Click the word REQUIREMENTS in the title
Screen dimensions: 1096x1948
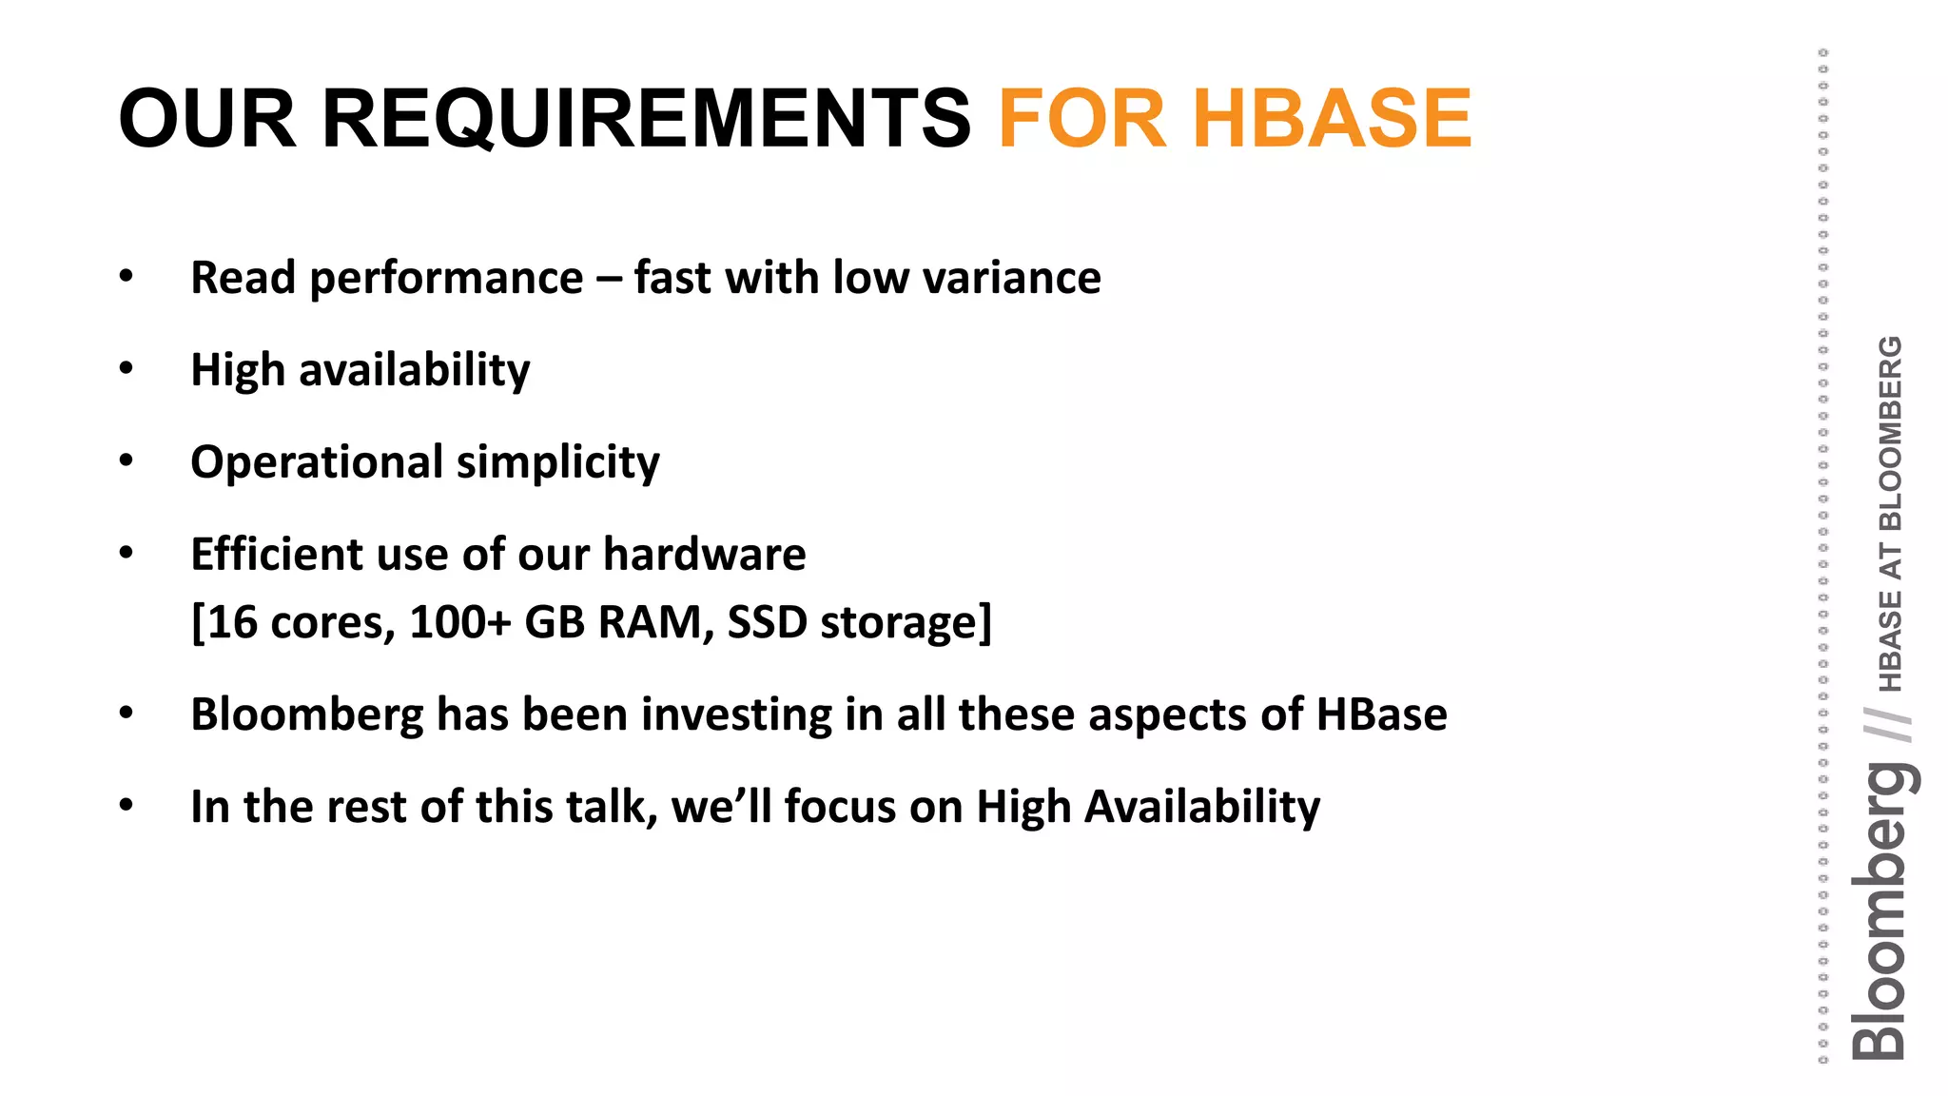[x=646, y=119]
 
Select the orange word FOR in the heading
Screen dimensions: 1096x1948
[x=1082, y=119]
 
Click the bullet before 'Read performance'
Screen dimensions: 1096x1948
[x=127, y=277]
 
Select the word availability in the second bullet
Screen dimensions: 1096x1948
[x=415, y=370]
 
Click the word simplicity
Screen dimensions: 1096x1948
[x=557, y=463]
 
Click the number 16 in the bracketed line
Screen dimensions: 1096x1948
[x=232, y=623]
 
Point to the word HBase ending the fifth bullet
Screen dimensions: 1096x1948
[x=1381, y=715]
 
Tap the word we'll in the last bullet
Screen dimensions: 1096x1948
[x=721, y=807]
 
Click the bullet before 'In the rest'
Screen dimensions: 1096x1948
[x=127, y=806]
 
